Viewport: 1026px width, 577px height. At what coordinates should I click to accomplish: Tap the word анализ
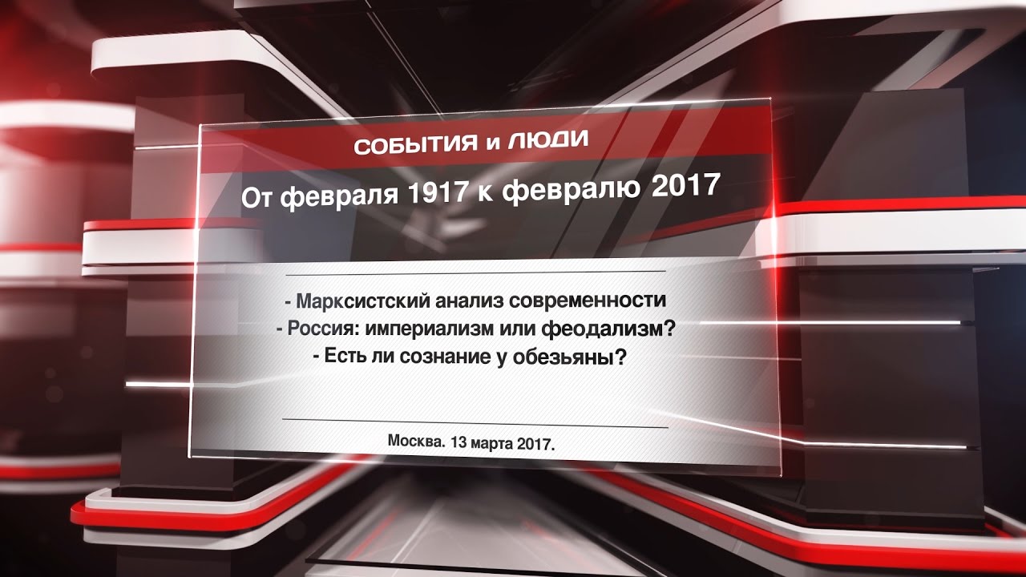470,301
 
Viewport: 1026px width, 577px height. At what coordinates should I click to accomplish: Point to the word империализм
428,329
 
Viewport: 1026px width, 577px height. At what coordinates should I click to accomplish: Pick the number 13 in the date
458,442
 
